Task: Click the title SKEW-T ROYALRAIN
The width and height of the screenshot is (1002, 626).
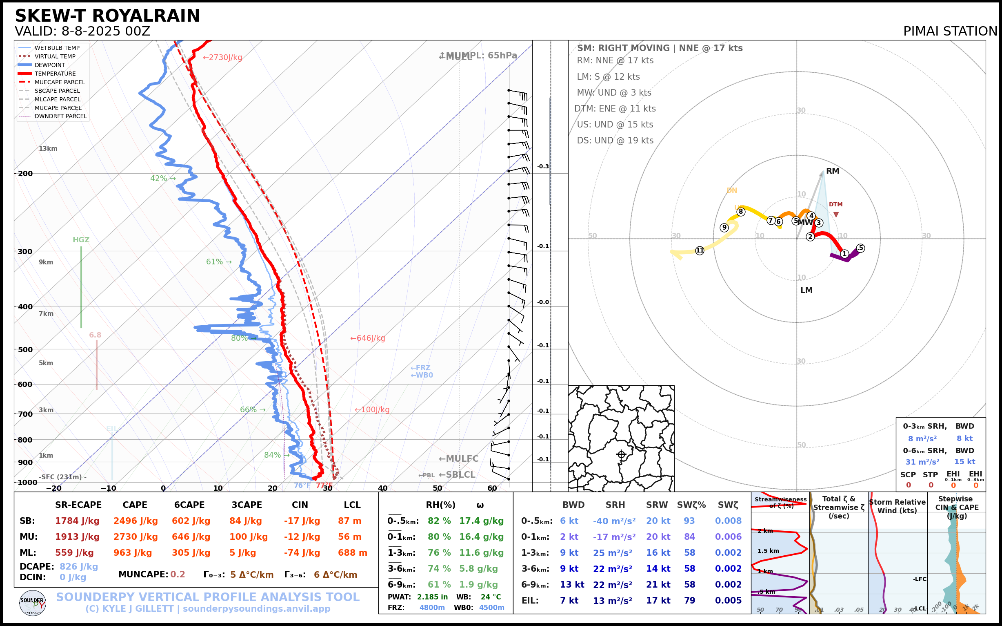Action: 107,16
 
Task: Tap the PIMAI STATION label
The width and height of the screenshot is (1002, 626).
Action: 950,31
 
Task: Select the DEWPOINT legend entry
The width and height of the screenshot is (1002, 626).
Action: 50,65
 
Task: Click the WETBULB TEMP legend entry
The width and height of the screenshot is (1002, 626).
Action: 57,48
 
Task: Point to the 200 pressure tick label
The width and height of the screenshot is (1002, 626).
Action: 25,174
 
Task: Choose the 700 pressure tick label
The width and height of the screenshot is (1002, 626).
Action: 25,414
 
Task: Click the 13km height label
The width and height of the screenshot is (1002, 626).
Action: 48,149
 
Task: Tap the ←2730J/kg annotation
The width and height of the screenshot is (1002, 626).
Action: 222,58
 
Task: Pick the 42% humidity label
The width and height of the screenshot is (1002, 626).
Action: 162,179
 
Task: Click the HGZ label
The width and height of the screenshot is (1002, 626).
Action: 81,240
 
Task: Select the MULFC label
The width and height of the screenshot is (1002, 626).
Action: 459,459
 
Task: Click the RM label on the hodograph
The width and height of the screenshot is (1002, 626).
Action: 833,171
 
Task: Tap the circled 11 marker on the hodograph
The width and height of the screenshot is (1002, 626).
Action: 700,250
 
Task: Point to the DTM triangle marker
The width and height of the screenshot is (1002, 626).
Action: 836,215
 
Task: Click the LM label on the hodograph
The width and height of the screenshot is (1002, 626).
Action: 806,290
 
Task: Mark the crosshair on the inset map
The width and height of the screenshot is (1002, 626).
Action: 621,455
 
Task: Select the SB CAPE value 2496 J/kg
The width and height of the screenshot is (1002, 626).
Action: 136,521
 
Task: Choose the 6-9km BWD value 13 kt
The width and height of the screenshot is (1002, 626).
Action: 572,585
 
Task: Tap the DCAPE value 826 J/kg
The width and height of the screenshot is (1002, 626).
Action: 79,566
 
